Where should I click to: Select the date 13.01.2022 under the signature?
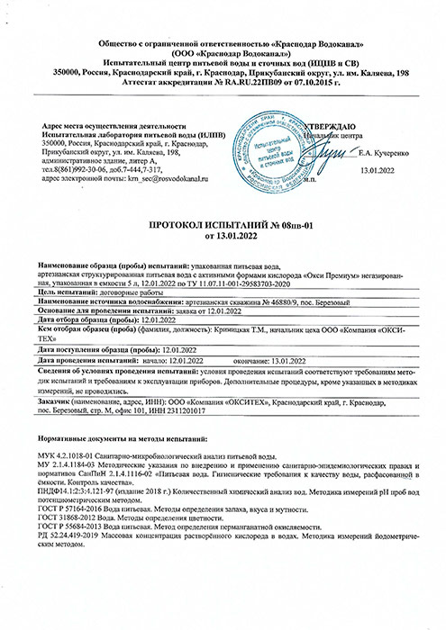click(378, 171)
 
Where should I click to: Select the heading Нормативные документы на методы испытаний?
click(123, 436)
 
